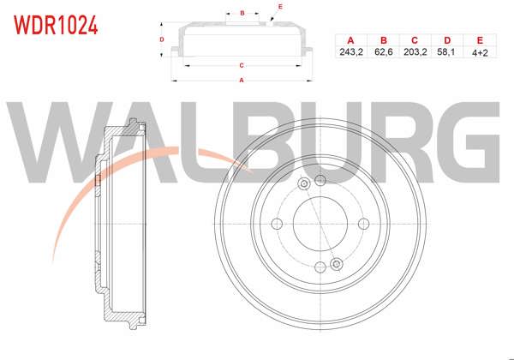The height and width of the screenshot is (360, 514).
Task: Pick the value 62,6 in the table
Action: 382,52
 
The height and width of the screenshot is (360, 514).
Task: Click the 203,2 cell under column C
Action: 414,52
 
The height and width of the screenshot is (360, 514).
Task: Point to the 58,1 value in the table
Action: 446,52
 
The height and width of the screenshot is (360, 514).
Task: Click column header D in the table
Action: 446,40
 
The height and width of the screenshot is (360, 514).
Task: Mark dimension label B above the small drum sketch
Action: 243,14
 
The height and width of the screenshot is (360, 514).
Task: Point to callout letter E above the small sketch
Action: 279,7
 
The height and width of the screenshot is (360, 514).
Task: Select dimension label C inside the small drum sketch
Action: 242,65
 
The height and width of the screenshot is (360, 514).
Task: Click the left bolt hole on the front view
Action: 277,223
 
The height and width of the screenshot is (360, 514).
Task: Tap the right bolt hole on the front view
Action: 363,223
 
